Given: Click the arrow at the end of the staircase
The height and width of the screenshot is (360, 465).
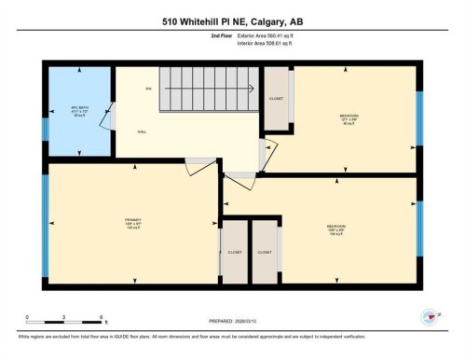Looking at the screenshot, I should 251,90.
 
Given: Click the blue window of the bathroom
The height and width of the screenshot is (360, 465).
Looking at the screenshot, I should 44,110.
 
